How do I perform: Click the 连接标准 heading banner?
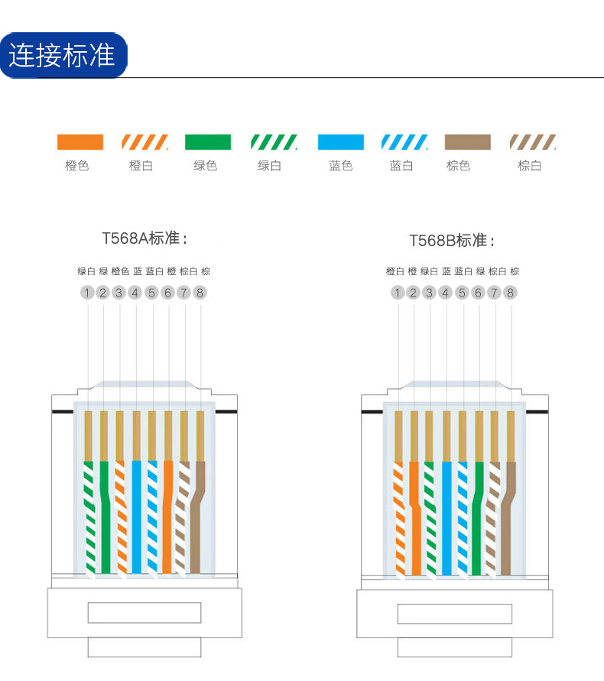(63, 55)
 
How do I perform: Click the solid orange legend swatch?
(80, 142)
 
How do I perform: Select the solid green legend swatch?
(207, 142)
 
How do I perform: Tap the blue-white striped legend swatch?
(404, 142)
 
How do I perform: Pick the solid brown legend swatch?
(467, 142)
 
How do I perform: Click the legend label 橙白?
(141, 165)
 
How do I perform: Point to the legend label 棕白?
(530, 165)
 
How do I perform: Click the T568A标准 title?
(145, 238)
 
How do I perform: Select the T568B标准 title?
(452, 241)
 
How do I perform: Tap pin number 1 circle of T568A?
(88, 292)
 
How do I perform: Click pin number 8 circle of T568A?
(200, 292)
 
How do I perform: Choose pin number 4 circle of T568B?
(446, 292)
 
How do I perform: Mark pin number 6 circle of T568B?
(478, 292)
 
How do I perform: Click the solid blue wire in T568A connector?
(136, 520)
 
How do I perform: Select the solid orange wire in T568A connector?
(168, 520)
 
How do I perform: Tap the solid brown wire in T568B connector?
(511, 520)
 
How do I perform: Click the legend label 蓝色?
(341, 165)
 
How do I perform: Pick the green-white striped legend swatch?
(273, 142)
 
